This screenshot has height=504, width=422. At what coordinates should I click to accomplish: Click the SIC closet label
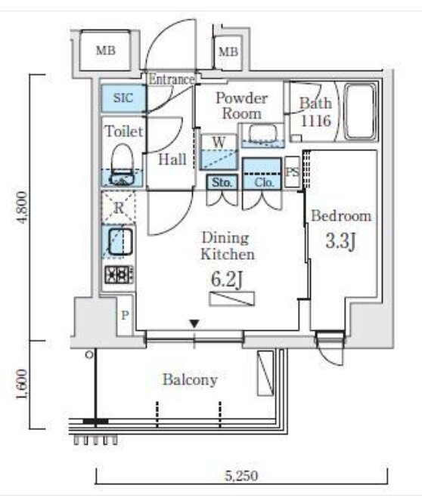(x=123, y=97)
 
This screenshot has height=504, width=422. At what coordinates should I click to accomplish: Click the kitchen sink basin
(x=120, y=241)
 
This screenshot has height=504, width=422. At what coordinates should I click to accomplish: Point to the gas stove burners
(x=119, y=275)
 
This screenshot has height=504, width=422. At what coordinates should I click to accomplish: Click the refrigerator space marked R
(x=119, y=207)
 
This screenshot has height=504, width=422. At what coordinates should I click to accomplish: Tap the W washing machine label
(x=219, y=142)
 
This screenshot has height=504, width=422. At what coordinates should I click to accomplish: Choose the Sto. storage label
(x=222, y=183)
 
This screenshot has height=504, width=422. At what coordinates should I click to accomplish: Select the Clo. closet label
(x=264, y=183)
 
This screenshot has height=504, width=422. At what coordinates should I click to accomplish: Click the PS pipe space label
(x=293, y=172)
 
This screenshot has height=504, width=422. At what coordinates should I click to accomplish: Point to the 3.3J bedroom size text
(x=340, y=241)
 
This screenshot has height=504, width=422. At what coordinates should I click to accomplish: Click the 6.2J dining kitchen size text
(x=226, y=280)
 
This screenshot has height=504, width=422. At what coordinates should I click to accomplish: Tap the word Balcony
(x=190, y=379)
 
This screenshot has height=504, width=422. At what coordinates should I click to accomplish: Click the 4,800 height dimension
(x=22, y=207)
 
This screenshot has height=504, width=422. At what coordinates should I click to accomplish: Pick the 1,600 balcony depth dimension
(x=22, y=385)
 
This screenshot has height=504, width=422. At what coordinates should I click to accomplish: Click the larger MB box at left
(x=106, y=50)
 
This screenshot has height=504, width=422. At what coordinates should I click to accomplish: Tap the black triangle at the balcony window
(x=194, y=323)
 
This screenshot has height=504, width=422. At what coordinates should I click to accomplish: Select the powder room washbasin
(x=263, y=134)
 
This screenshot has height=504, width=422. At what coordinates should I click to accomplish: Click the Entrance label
(x=172, y=79)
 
